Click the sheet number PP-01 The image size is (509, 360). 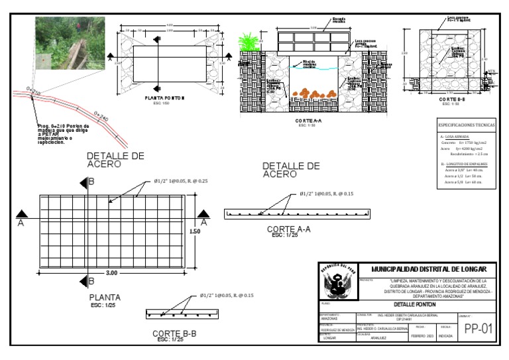tap(477, 328)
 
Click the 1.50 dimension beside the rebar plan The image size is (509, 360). tap(195, 231)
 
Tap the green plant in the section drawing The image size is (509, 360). tap(249, 44)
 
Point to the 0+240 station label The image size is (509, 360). tap(102, 117)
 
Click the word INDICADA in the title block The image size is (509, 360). tap(446, 336)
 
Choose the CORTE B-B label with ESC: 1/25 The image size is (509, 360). tap(174, 334)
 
